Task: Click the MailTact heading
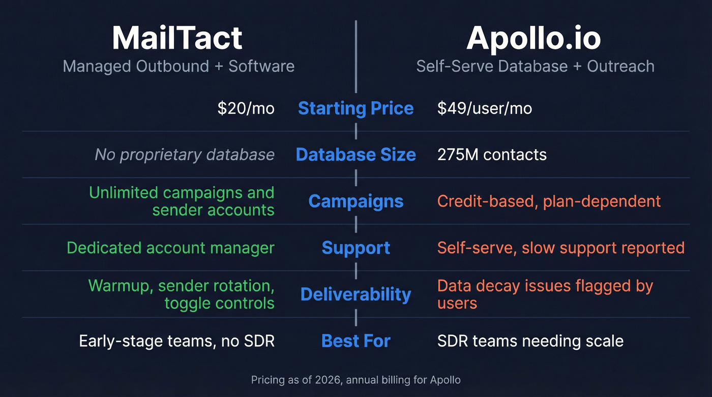pyautogui.click(x=177, y=38)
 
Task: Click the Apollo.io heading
pyautogui.click(x=534, y=38)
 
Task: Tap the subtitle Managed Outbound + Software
pyautogui.click(x=179, y=66)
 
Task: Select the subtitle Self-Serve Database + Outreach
pyautogui.click(x=535, y=66)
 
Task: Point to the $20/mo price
pyautogui.click(x=246, y=108)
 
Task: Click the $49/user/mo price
pyautogui.click(x=484, y=108)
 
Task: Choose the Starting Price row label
pyautogui.click(x=355, y=108)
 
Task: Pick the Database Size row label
pyautogui.click(x=355, y=155)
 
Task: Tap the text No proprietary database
pyautogui.click(x=185, y=155)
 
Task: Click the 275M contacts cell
pyautogui.click(x=492, y=155)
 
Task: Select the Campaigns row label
pyautogui.click(x=355, y=201)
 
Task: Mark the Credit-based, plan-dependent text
pyautogui.click(x=549, y=201)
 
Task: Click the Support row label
pyautogui.click(x=355, y=248)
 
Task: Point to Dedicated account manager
pyautogui.click(x=170, y=248)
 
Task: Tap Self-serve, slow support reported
pyautogui.click(x=560, y=248)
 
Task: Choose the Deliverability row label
pyautogui.click(x=355, y=294)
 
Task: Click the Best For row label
pyautogui.click(x=355, y=341)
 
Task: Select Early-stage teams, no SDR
pyautogui.click(x=176, y=341)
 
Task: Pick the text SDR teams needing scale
pyautogui.click(x=530, y=341)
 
